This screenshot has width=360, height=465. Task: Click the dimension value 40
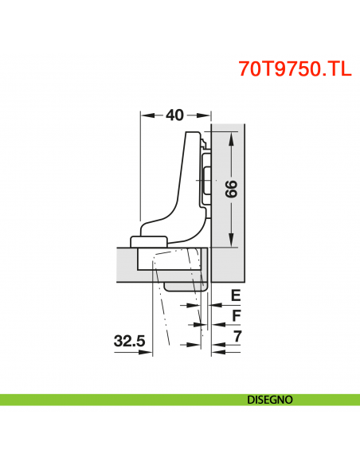(x=175, y=115)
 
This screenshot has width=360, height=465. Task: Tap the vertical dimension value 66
(x=231, y=190)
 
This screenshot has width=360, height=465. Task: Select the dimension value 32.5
(x=129, y=341)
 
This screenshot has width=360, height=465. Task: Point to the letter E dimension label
(x=235, y=295)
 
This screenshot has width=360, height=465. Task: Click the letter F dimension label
(x=235, y=316)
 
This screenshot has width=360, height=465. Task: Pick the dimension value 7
(x=236, y=337)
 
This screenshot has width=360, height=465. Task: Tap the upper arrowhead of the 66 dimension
(x=231, y=140)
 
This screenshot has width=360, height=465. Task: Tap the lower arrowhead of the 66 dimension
(x=231, y=241)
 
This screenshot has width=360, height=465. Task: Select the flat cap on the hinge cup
(x=149, y=240)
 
